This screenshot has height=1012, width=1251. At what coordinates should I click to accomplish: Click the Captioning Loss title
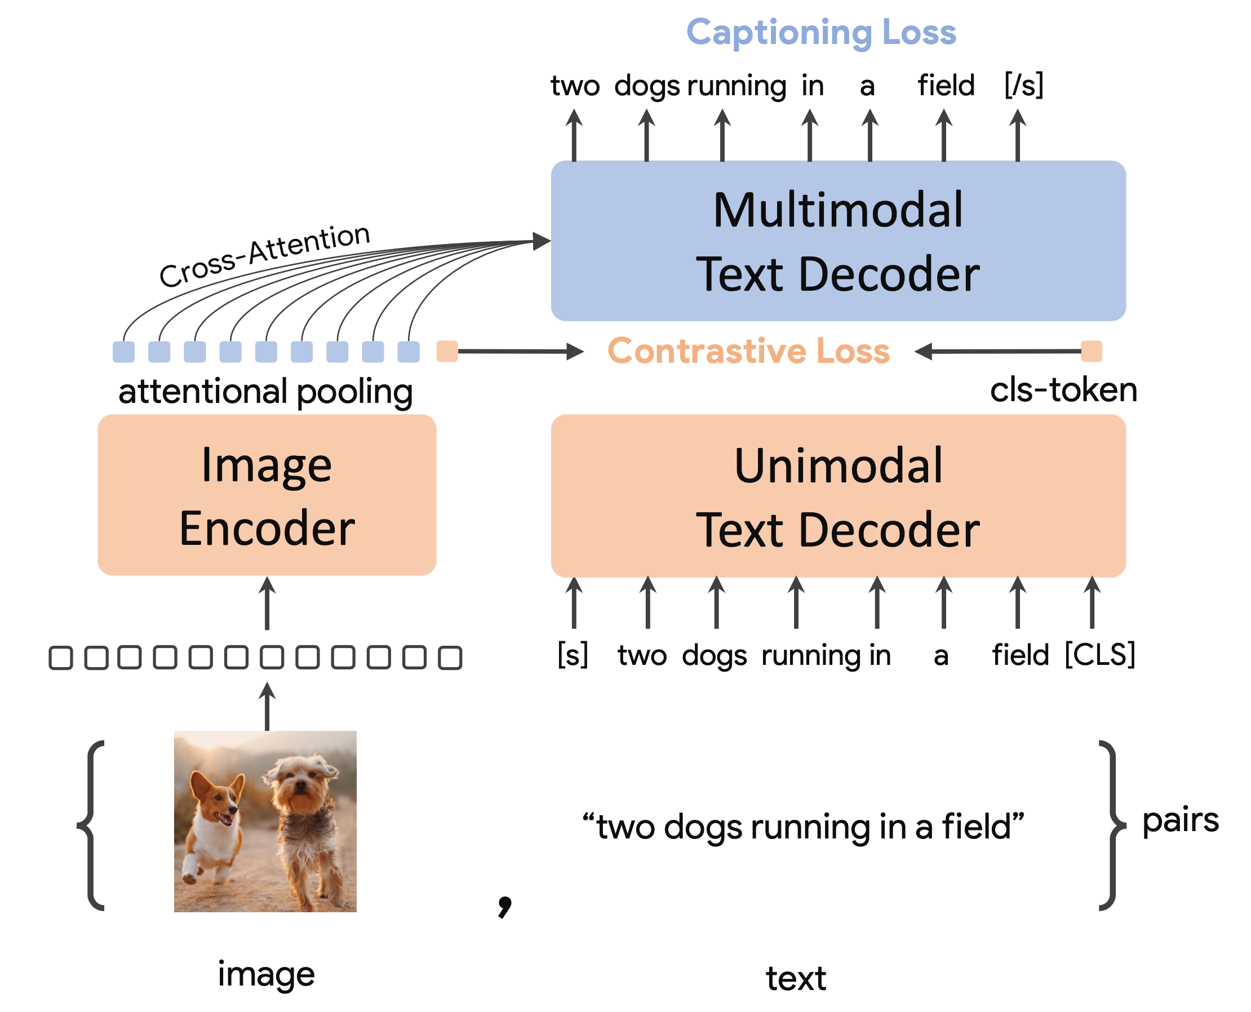point(821,32)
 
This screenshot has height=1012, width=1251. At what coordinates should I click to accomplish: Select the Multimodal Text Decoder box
point(838,241)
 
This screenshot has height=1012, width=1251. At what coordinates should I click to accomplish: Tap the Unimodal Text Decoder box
point(838,496)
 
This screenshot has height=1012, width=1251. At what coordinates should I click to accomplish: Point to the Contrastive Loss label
point(748,351)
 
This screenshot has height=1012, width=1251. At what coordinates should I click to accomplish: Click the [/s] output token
point(1024,85)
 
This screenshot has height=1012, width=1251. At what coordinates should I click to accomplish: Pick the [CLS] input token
point(1099,655)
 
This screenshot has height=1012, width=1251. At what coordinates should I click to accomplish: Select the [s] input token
point(573,655)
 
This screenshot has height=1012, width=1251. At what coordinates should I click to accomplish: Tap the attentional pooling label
point(265,391)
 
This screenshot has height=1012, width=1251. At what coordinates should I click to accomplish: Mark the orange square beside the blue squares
point(447,352)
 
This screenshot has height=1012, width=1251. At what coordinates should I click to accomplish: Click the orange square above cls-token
point(1092,352)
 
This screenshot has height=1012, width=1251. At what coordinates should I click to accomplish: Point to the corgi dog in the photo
point(215,822)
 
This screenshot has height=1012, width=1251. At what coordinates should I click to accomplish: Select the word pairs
point(1180,821)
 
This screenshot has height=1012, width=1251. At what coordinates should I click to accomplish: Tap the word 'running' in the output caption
point(737,86)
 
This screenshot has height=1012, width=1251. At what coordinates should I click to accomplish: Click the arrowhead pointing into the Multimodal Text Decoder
point(542,241)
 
